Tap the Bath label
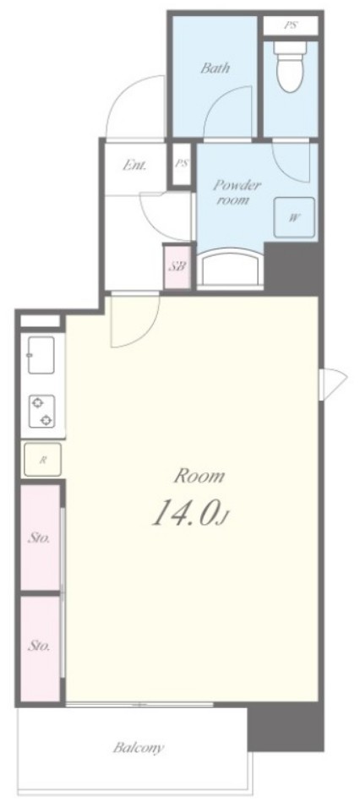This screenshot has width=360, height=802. point(215,69)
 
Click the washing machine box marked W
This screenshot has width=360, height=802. point(295,217)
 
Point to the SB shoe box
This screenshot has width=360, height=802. point(177,265)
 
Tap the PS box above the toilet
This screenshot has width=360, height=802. point(290,25)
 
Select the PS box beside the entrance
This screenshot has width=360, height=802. point(181,164)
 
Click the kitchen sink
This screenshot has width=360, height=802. point(41,355)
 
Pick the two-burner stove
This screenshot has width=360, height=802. point(41,412)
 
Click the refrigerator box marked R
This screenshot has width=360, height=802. point(41,460)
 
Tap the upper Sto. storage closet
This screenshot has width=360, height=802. point(40,538)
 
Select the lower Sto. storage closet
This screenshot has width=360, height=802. point(40,647)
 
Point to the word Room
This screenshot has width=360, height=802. point(199,477)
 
